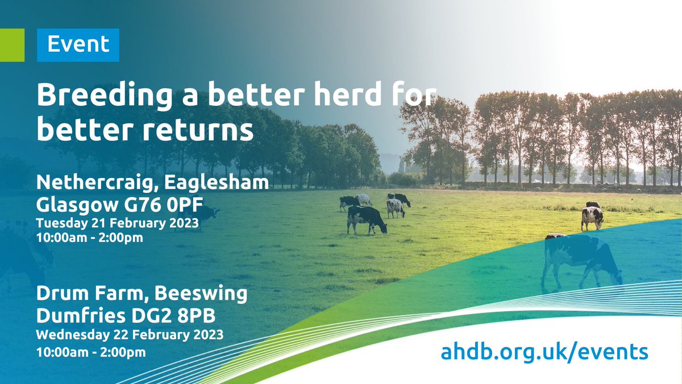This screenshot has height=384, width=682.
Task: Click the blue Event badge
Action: (x=78, y=44)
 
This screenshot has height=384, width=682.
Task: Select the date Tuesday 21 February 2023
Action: (x=118, y=223)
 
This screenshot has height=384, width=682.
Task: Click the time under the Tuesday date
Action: (x=89, y=238)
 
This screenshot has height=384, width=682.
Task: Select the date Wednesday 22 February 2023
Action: (x=130, y=333)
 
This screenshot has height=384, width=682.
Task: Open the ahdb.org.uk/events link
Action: (x=544, y=351)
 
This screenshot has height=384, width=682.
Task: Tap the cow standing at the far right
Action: (x=592, y=216)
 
